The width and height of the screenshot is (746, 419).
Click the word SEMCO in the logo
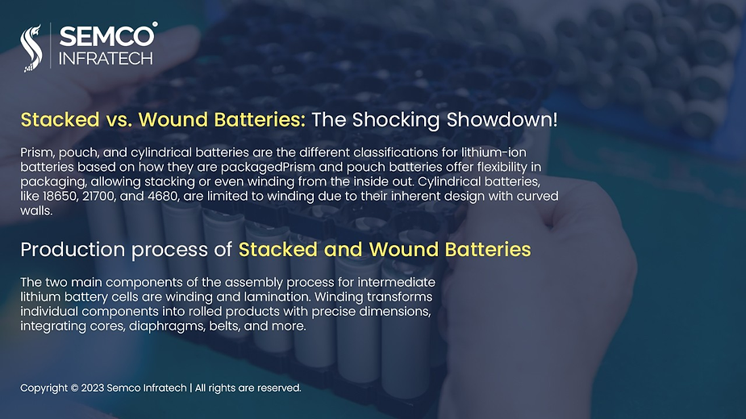[107, 36]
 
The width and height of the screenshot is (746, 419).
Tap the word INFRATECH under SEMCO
[106, 59]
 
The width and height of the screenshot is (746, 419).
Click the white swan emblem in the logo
[31, 48]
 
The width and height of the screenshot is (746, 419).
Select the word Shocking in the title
[395, 120]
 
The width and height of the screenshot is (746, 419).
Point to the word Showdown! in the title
[502, 119]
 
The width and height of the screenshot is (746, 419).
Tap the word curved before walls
[538, 196]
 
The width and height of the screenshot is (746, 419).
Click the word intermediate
[396, 282]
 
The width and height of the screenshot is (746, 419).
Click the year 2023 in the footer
[92, 388]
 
